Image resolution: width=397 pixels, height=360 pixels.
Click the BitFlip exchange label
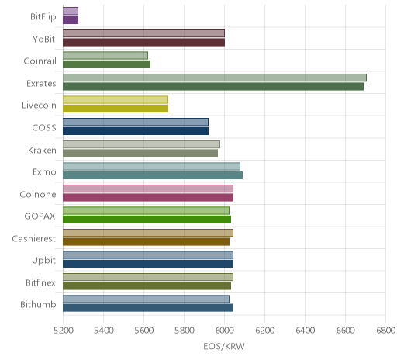(x=43, y=17)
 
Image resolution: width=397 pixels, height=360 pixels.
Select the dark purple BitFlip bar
(x=71, y=20)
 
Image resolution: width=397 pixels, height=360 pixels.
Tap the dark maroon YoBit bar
(x=143, y=43)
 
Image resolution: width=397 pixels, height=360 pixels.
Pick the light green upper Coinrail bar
(x=105, y=56)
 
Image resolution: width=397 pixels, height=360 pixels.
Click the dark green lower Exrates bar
(x=213, y=87)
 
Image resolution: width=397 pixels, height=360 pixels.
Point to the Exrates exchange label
(x=41, y=84)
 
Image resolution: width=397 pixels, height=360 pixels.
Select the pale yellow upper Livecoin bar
(x=116, y=100)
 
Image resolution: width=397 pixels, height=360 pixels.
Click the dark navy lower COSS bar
(x=136, y=131)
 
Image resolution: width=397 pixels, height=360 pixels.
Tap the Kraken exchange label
(x=42, y=150)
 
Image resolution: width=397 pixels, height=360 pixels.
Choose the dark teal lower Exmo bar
(x=153, y=175)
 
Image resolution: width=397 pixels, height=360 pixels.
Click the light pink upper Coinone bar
(x=148, y=189)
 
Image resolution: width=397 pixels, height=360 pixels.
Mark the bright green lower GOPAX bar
(x=147, y=220)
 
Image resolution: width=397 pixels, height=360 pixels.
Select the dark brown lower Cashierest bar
(x=146, y=242)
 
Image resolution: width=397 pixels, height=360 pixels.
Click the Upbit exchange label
(x=43, y=261)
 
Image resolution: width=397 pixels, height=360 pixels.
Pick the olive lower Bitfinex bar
(x=147, y=286)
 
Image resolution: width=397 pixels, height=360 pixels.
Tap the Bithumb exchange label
(x=38, y=304)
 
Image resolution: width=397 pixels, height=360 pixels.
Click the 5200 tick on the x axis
(x=63, y=331)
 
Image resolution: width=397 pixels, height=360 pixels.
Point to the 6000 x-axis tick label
(x=224, y=331)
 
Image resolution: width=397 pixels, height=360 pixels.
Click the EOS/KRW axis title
(x=224, y=346)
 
